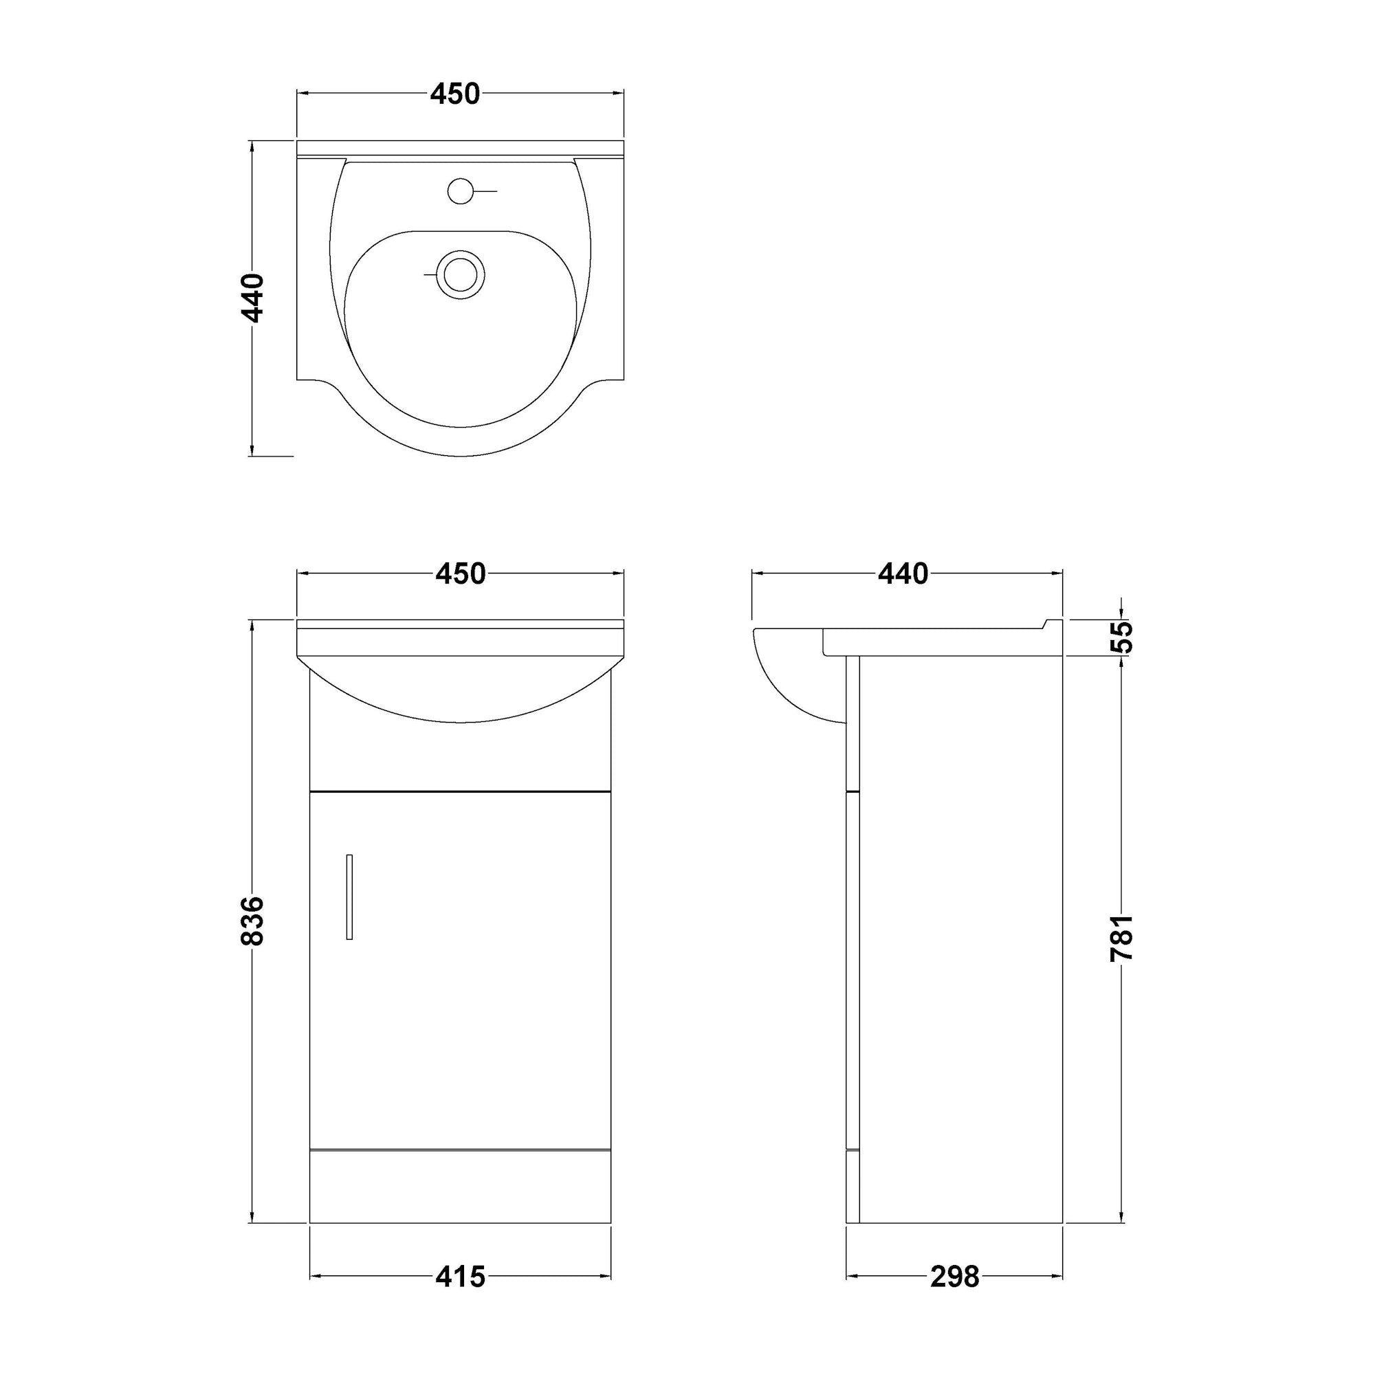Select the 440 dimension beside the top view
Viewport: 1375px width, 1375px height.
pyautogui.click(x=254, y=298)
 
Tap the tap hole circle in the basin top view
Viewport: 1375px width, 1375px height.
pyautogui.click(x=461, y=190)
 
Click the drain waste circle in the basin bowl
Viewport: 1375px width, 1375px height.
pyautogui.click(x=461, y=274)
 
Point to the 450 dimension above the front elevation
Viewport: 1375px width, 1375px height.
pyautogui.click(x=461, y=573)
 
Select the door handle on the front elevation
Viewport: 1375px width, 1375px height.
pyautogui.click(x=349, y=896)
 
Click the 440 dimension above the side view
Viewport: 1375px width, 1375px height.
pyautogui.click(x=903, y=573)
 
